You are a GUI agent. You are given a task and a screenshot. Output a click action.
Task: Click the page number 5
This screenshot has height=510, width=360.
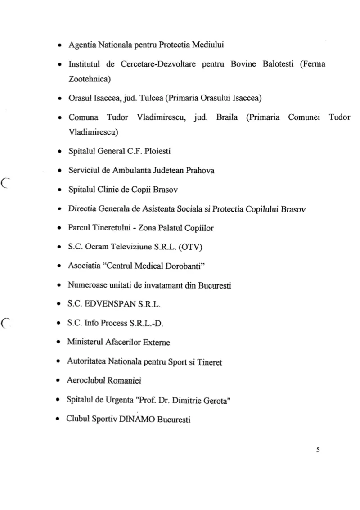(x=318, y=449)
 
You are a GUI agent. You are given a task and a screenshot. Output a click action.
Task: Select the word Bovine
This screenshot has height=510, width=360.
(x=244, y=64)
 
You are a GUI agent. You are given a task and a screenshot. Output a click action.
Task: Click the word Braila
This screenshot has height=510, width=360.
(x=229, y=118)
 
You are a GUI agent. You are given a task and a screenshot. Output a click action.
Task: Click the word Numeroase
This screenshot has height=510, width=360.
(x=87, y=285)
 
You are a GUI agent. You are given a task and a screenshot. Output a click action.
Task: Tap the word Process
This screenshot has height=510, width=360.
(x=118, y=323)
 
